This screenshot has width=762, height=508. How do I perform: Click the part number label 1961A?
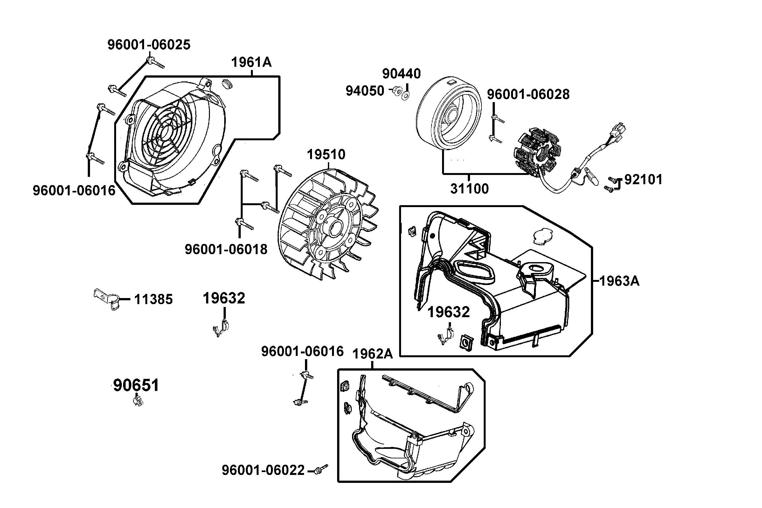pyautogui.click(x=251, y=62)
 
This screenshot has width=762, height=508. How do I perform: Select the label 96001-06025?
pyautogui.click(x=149, y=45)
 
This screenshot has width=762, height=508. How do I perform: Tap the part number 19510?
pyautogui.click(x=326, y=155)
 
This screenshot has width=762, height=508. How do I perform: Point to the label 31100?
pyautogui.click(x=469, y=189)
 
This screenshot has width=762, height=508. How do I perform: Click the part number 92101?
pyautogui.click(x=643, y=179)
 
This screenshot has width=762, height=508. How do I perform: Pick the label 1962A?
pyautogui.click(x=372, y=354)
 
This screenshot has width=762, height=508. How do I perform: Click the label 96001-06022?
pyautogui.click(x=263, y=470)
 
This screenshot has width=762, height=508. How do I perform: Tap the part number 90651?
pyautogui.click(x=136, y=386)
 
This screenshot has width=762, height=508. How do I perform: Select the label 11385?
pyautogui.click(x=154, y=299)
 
